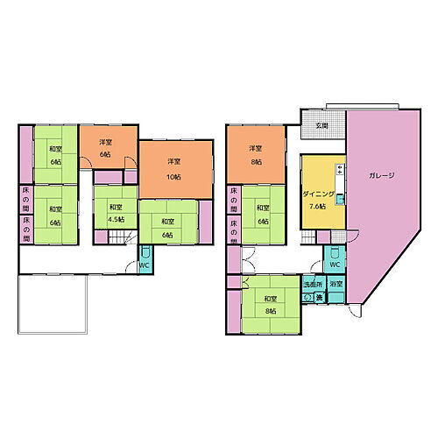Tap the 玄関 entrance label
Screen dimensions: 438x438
[322, 126]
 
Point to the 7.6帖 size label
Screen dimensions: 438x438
[316, 206]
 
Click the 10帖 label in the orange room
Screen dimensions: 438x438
[173, 176]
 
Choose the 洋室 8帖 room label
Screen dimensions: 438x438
[255, 153]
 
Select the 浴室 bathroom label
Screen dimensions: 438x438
[336, 285]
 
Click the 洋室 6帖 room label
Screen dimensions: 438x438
[105, 148]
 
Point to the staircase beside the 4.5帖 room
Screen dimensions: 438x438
[127, 237]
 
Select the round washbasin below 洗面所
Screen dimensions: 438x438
[307, 298]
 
